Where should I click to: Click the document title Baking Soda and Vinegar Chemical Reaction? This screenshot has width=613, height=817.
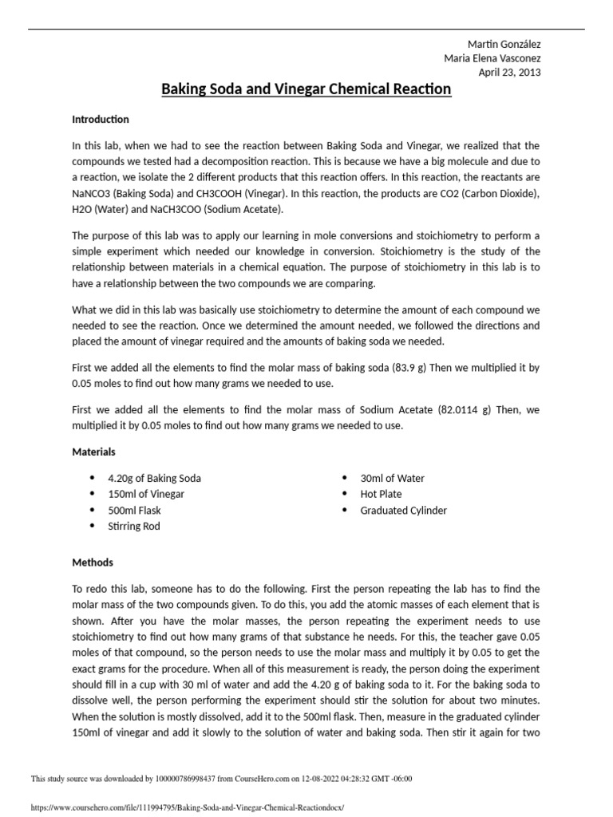[x=306, y=89]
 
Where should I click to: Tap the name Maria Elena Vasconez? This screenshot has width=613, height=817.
[x=492, y=58]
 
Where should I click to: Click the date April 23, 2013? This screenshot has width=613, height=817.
[x=509, y=73]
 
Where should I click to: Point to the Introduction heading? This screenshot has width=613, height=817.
[x=101, y=119]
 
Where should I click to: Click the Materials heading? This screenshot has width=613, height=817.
[x=94, y=452]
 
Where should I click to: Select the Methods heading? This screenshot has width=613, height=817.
[x=93, y=562]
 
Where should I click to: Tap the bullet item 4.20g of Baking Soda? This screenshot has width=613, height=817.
[x=155, y=479]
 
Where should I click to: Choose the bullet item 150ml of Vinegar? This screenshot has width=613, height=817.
[x=146, y=495]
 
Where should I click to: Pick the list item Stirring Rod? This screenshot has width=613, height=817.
[x=134, y=527]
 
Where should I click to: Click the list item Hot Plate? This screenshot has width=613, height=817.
[x=382, y=495]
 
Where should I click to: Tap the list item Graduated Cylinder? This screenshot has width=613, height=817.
[x=404, y=511]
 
